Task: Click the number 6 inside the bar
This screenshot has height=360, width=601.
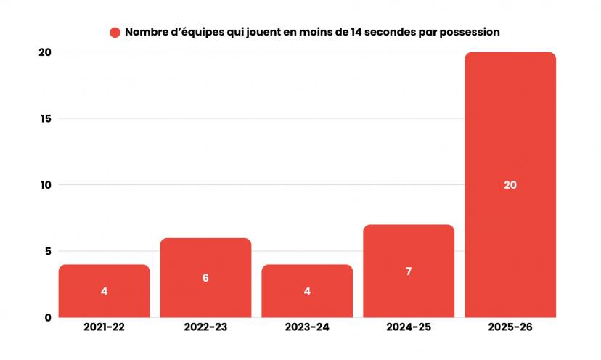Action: [205, 278]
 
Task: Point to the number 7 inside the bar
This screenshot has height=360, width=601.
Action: [409, 271]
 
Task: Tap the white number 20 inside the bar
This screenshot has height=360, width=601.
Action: [510, 185]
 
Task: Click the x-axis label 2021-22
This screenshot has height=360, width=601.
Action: [104, 328]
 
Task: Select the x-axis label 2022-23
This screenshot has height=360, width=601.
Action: [205, 328]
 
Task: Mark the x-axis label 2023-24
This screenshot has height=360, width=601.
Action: [307, 328]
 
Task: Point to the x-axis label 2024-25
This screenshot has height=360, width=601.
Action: [409, 328]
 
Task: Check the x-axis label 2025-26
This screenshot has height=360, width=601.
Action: [510, 328]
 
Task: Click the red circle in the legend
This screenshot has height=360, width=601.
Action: [115, 33]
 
